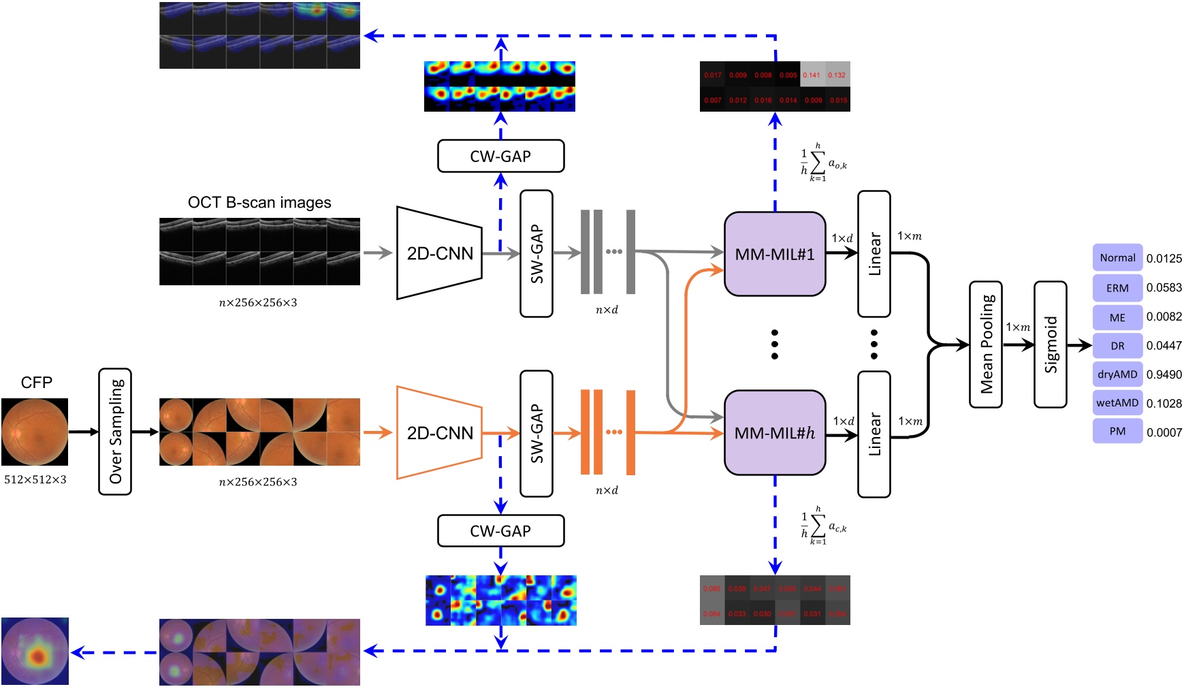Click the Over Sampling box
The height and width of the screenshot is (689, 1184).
click(x=115, y=432)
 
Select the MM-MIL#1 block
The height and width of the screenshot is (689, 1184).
click(x=775, y=254)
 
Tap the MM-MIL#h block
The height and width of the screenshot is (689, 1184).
click(x=775, y=433)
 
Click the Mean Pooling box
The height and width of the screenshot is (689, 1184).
click(x=986, y=344)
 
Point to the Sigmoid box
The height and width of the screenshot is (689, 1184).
click(x=1051, y=344)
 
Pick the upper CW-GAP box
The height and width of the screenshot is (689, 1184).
click(x=500, y=157)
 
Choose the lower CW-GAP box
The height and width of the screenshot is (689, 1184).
click(x=500, y=531)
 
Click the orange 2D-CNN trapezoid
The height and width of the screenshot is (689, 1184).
click(x=439, y=433)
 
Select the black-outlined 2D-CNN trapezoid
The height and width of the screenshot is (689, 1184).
click(x=439, y=253)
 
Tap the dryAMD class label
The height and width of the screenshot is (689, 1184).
click(x=1117, y=374)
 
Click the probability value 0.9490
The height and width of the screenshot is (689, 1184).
click(x=1164, y=374)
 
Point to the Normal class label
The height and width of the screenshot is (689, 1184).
click(x=1117, y=258)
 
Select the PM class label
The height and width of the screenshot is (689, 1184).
click(x=1117, y=432)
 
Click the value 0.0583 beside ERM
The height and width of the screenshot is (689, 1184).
click(x=1164, y=287)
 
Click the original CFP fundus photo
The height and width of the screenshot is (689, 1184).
click(x=35, y=432)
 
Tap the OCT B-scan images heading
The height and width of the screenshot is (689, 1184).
click(x=259, y=203)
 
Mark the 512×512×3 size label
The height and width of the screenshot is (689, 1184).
click(x=35, y=479)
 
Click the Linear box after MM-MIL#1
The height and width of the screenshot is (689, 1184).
click(x=874, y=254)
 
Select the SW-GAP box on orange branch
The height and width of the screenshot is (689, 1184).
click(x=537, y=434)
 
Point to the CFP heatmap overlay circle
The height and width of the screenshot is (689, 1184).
click(x=35, y=652)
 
